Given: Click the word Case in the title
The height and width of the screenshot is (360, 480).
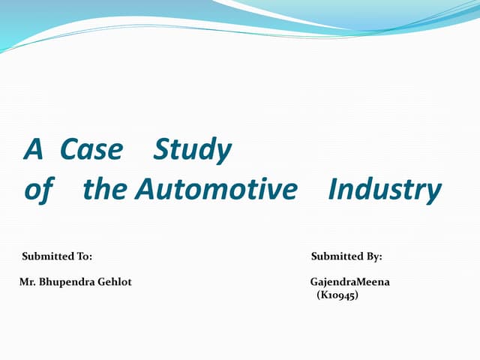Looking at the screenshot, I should click(91, 151).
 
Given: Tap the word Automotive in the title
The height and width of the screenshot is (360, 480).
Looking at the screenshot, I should click(216, 190).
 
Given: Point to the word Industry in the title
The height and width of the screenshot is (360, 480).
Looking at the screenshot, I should click(385, 190).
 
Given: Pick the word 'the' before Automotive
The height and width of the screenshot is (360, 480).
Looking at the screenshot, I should click(106, 190).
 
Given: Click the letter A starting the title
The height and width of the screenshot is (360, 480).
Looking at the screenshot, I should click(32, 151).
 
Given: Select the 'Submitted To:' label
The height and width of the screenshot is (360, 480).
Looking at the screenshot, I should click(57, 256).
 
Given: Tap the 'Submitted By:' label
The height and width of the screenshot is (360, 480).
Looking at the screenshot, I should click(346, 256).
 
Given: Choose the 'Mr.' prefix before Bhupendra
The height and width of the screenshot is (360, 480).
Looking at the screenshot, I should click(26, 282).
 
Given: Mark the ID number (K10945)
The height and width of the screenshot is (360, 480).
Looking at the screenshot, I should click(337, 295).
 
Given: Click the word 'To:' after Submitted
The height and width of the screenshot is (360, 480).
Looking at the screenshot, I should click(84, 256).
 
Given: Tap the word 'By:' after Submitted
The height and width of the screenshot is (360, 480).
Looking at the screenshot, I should click(373, 256).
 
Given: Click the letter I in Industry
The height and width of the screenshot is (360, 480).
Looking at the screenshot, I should click(332, 190).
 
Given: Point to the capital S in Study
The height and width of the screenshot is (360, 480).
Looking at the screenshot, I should click(160, 151).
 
